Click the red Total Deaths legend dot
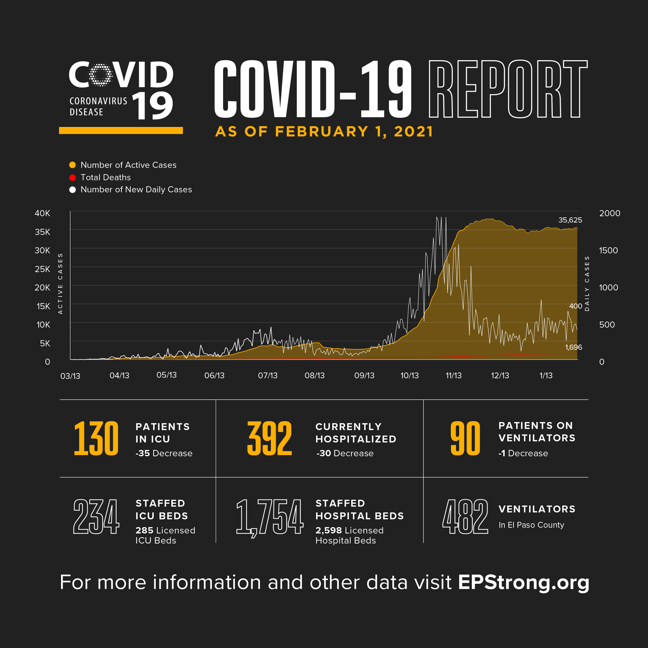72,178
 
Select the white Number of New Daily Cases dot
72,190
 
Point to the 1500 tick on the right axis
608,251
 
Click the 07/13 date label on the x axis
268,376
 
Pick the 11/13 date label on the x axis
453,376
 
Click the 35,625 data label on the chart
570,220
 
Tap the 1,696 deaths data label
574,347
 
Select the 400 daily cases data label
576,306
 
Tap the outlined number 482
465,516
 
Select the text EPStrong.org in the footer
524,582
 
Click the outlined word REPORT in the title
508,89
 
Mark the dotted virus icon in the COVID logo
100,74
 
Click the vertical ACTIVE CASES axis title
60,284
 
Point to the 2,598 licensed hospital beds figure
328,531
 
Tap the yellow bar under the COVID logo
121,130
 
